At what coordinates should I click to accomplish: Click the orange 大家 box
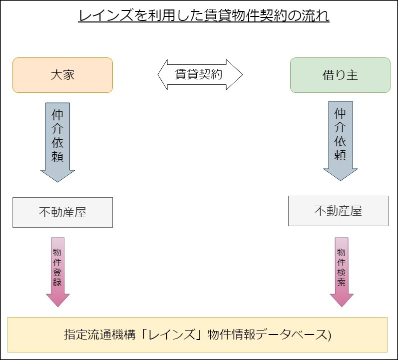click(62, 75)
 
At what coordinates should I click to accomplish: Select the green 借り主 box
click(340, 75)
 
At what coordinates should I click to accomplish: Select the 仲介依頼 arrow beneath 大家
click(57, 140)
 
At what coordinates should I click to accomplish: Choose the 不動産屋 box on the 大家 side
click(62, 212)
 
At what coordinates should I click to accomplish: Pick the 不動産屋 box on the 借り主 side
click(338, 211)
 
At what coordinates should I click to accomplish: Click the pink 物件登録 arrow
click(57, 270)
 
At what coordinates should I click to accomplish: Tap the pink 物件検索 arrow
click(342, 270)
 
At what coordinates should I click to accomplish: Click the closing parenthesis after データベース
click(329, 335)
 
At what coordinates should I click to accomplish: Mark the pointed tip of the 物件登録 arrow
click(57, 306)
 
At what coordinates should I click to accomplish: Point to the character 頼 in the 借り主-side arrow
click(340, 155)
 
